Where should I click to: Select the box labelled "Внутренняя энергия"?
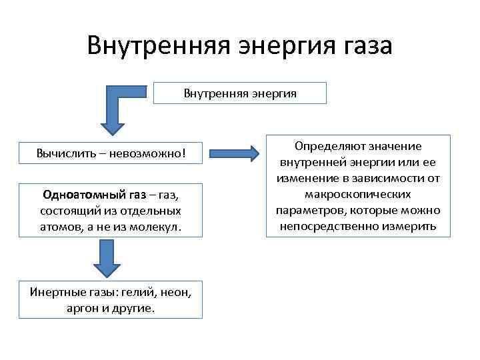click(x=240, y=93)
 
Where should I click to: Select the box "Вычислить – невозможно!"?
click(x=110, y=154)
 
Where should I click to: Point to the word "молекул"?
click(x=159, y=227)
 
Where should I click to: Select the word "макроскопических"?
click(x=357, y=195)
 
